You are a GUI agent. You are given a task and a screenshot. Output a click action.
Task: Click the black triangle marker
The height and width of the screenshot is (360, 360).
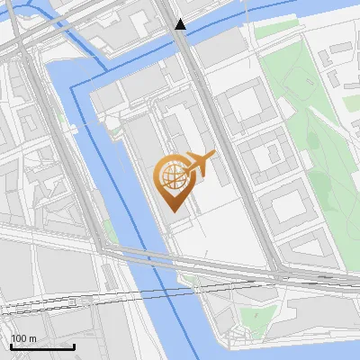click(x=181, y=24)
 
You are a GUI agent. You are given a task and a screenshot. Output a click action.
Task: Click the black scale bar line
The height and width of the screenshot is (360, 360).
click(x=42, y=347)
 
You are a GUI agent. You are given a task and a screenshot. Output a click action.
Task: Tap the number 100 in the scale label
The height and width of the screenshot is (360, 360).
click(x=17, y=339)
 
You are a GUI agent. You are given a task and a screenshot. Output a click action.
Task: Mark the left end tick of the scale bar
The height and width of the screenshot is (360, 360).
click(x=11, y=346)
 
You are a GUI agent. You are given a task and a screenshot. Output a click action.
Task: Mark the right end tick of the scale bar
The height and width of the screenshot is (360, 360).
click(x=74, y=346)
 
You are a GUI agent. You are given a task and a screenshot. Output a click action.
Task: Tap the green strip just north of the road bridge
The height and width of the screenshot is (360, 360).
click(x=109, y=231)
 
